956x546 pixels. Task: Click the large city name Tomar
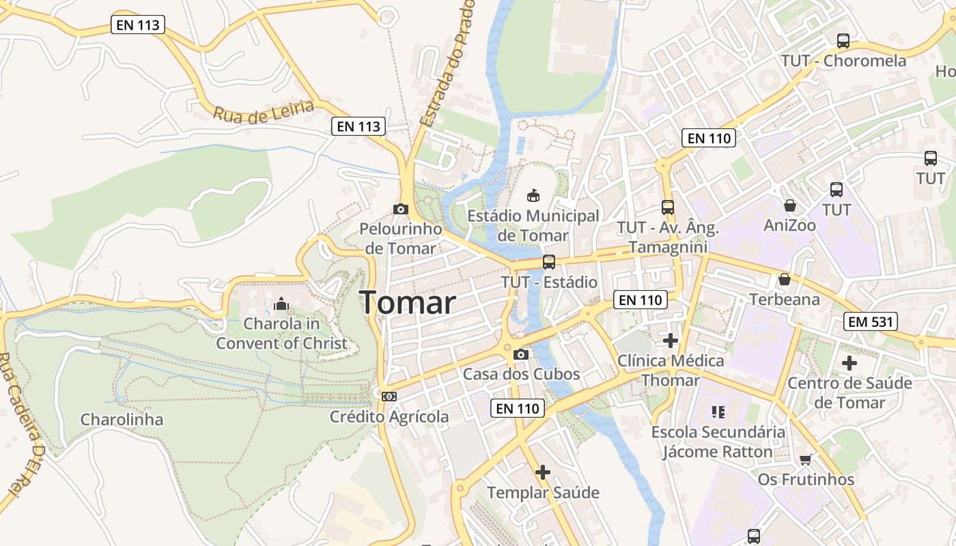coord(408,302)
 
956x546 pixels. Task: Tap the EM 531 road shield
coord(870,321)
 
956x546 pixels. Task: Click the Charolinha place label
coord(122,419)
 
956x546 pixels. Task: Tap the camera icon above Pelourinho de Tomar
coord(401,209)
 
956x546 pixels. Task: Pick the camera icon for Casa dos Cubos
coord(521,354)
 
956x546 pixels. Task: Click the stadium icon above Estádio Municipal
coord(533,196)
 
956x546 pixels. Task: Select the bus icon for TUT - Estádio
coord(548,261)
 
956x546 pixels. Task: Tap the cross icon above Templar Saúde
coord(543,472)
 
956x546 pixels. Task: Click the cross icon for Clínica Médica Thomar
coord(671,340)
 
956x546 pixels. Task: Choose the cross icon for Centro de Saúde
coord(849,363)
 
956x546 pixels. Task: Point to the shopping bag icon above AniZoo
coord(790,205)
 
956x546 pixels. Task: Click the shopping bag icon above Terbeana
coord(785,279)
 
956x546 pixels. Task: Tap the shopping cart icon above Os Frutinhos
coord(806,459)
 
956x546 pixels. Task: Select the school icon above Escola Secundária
coord(718,412)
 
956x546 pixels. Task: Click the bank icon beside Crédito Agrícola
coord(389,396)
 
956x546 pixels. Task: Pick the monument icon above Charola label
coord(281,304)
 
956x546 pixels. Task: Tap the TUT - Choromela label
coord(844,60)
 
